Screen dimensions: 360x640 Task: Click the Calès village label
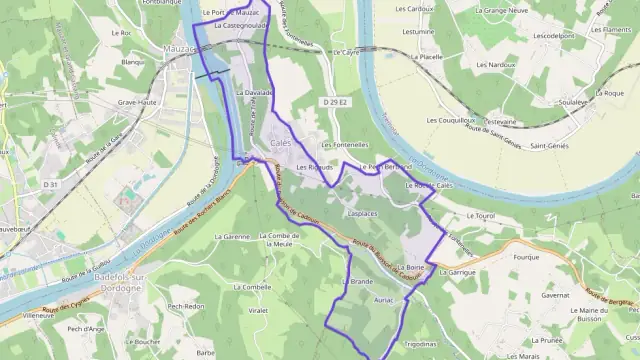tap(280, 146)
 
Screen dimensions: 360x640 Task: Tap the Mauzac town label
tap(178, 48)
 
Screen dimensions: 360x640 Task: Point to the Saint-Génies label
tap(550, 146)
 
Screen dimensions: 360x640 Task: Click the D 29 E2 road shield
tap(336, 102)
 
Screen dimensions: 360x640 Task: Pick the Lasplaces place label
tap(361, 214)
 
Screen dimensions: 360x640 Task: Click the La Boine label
tap(411, 268)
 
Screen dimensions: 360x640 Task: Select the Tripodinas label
tap(418, 343)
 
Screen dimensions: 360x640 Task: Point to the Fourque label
tap(527, 257)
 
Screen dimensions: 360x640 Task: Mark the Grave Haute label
tap(139, 102)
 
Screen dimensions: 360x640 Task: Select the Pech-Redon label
tap(186, 307)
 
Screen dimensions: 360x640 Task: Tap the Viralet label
tap(257, 311)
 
